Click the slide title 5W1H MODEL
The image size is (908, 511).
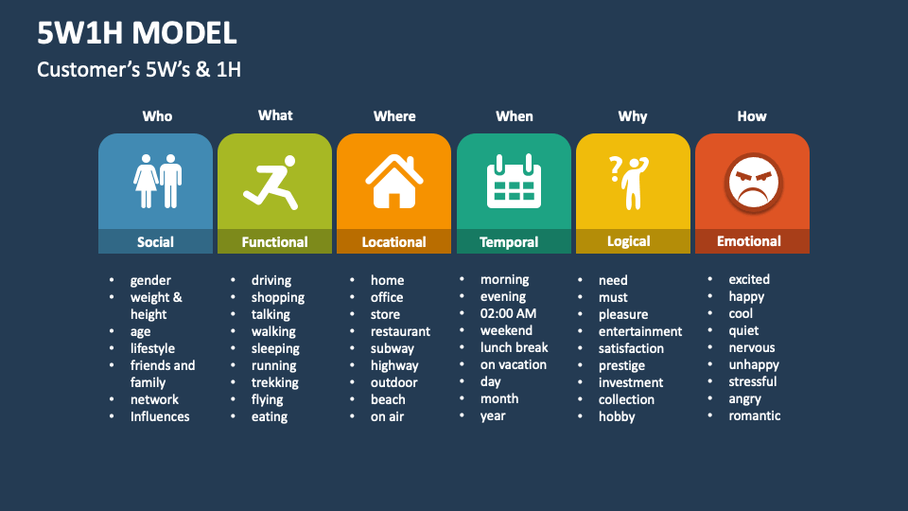pos(137,33)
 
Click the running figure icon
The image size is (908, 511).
pos(272,183)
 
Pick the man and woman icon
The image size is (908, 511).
pos(157,181)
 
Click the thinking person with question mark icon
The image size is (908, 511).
pos(628,181)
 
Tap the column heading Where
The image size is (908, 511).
pos(394,116)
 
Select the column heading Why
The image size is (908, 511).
pos(633,116)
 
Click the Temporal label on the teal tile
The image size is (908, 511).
pos(509,242)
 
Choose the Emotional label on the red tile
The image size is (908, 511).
pos(749,241)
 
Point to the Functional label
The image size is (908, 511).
pos(274,242)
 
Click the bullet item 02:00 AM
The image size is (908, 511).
pos(508,313)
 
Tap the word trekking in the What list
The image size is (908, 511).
pos(274,382)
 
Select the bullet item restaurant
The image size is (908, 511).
pos(400,331)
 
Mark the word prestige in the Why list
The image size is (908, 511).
pos(621,365)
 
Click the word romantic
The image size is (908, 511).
pos(754,415)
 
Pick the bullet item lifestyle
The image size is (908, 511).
pos(152,348)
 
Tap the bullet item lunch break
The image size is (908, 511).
pos(514,347)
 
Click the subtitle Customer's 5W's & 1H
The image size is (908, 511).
pos(139,69)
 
